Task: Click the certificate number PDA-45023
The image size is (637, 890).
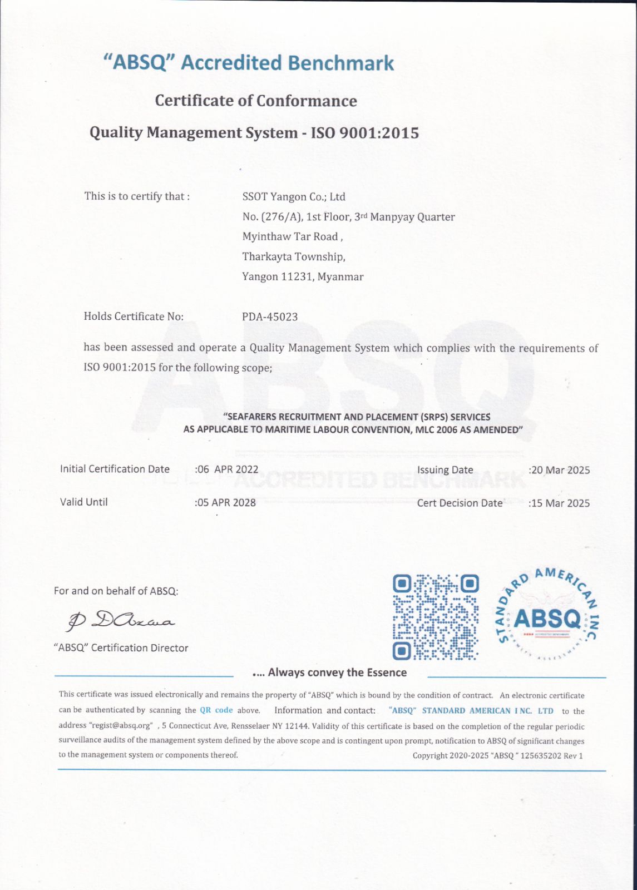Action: pos(270,317)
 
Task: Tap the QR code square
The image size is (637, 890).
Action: pos(436,617)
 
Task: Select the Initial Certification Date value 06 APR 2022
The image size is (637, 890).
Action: pos(228,469)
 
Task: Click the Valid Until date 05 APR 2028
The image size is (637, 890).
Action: pos(226,503)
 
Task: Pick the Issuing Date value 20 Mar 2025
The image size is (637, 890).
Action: pos(560,470)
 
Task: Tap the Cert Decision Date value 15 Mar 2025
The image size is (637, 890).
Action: pos(560,503)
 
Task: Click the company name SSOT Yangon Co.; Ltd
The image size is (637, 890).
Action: pos(294,197)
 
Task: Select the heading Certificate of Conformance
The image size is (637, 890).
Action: pos(256,101)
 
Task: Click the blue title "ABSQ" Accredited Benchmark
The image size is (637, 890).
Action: pos(249,63)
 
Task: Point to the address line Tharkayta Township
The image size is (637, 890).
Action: pos(294,257)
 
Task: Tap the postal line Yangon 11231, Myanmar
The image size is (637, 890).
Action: pos(303,277)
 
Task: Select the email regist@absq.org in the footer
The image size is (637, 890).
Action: pos(121,726)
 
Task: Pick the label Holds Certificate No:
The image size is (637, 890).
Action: pos(134,317)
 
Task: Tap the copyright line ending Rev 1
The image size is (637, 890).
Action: pos(497,755)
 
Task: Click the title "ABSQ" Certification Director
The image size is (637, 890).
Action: pos(121,648)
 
